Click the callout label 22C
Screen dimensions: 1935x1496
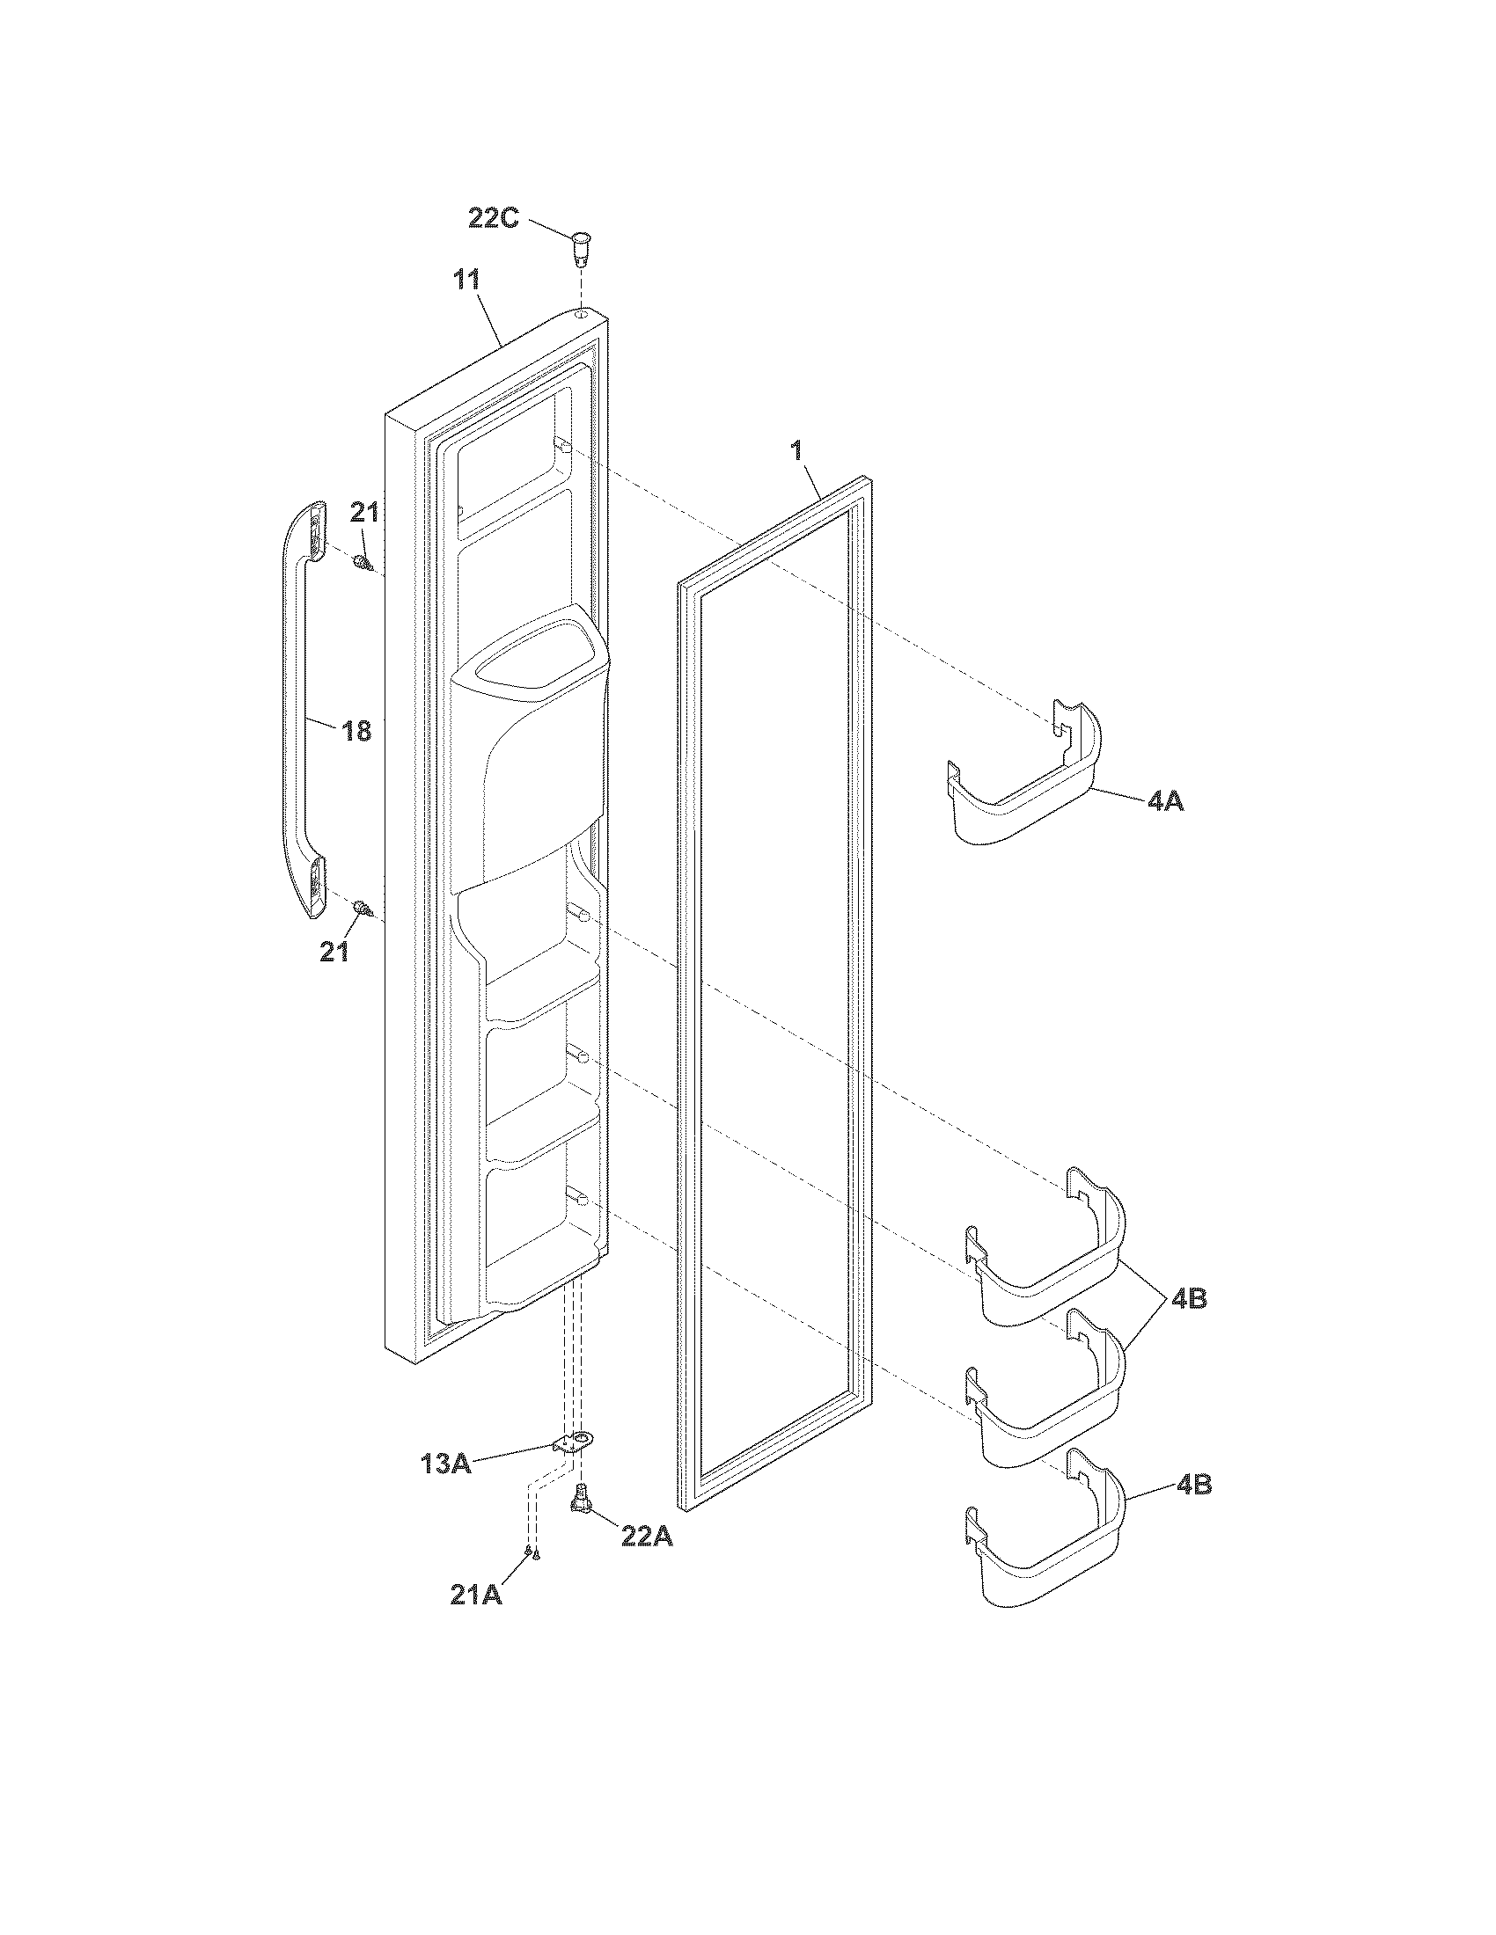coord(494,218)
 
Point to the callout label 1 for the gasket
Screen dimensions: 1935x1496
coord(796,450)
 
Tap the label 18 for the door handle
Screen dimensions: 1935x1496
coord(357,731)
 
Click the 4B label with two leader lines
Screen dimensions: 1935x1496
coord(1189,1300)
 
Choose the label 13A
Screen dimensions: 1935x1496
coord(446,1464)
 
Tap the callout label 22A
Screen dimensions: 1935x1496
coord(646,1537)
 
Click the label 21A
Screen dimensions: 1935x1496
coord(476,1595)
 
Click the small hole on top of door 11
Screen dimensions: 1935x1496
coord(581,314)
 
